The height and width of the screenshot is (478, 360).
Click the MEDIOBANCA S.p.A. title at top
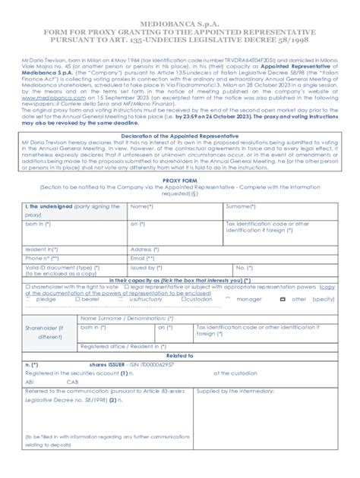click(180, 12)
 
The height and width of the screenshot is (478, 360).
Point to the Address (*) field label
click(144, 249)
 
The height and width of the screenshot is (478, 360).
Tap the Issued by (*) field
click(144, 268)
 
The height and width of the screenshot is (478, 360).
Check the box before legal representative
click(125, 287)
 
